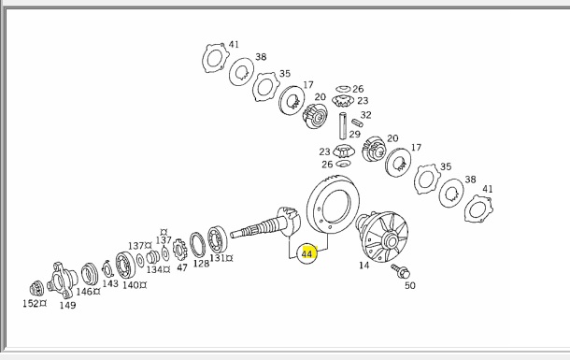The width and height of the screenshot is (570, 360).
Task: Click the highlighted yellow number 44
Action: [307, 253]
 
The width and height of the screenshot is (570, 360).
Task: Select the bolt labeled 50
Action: [401, 271]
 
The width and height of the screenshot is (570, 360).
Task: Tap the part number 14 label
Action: [363, 266]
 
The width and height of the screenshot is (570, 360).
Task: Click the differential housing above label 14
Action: [381, 236]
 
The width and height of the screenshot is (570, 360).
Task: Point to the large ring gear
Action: [333, 205]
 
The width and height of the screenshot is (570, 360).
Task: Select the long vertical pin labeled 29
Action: [343, 125]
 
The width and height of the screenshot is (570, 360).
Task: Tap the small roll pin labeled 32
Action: [357, 122]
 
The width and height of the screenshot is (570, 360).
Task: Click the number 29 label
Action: [355, 135]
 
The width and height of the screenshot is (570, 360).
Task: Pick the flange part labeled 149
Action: [62, 281]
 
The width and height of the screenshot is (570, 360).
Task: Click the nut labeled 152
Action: [36, 289]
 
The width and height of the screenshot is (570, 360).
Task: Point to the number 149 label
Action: [67, 305]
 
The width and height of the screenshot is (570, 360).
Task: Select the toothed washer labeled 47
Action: [179, 250]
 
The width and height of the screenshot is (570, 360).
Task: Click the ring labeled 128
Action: [197, 245]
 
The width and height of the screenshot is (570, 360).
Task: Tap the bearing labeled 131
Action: [218, 239]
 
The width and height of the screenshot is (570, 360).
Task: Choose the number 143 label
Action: [110, 283]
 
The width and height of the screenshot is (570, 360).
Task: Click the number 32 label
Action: [365, 115]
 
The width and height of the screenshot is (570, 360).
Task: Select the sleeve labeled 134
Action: [152, 257]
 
